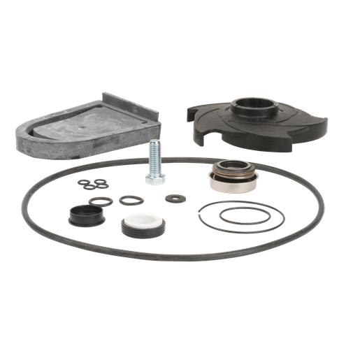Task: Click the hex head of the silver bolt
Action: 154,178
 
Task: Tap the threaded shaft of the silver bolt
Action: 155,156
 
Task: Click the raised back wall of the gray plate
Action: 133,105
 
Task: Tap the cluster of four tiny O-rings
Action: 93,185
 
